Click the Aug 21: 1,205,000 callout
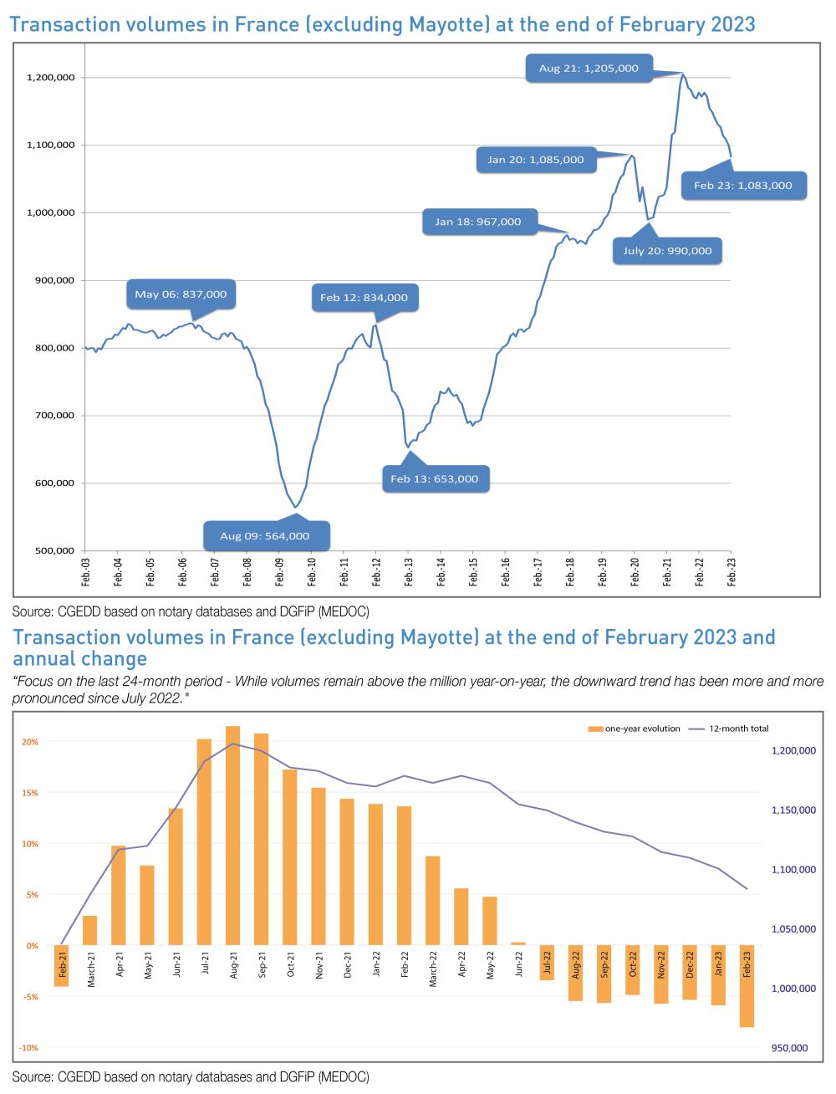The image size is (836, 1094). [x=589, y=69]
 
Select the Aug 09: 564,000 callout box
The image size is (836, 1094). [x=265, y=535]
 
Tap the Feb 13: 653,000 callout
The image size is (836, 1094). [x=435, y=478]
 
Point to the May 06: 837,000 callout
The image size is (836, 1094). [x=181, y=294]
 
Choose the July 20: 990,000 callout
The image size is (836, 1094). [x=667, y=250]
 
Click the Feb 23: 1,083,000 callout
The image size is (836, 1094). [x=742, y=186]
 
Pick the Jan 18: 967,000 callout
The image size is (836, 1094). [x=478, y=222]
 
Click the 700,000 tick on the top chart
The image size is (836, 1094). [x=52, y=415]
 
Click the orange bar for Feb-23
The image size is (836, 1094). [x=747, y=986]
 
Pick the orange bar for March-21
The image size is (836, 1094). [x=90, y=930]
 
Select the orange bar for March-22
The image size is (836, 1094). [x=433, y=901]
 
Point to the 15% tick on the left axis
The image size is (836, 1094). [x=30, y=792]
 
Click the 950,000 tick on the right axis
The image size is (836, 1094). [x=789, y=1047]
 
